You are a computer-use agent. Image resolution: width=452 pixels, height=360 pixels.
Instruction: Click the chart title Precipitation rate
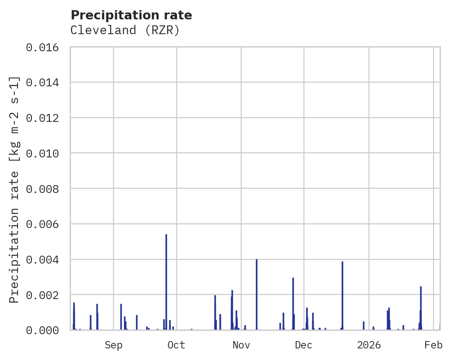131,15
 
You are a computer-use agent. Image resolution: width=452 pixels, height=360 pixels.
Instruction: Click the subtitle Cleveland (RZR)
125,30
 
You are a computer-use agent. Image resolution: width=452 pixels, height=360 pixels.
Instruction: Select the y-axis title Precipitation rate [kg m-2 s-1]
15,189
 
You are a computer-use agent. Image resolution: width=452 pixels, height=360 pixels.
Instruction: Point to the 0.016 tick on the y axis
46,48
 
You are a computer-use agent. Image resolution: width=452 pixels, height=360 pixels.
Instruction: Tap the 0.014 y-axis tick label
46,83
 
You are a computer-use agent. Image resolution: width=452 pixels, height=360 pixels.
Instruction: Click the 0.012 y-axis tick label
46,118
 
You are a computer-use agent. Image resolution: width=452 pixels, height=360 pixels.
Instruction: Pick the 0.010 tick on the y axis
46,153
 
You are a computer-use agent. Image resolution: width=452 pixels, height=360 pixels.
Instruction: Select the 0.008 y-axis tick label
46,189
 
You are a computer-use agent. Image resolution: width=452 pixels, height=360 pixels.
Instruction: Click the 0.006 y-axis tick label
46,224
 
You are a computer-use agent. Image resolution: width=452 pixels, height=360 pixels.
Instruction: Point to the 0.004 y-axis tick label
46,259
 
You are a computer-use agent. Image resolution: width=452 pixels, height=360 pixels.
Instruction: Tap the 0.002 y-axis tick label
46,295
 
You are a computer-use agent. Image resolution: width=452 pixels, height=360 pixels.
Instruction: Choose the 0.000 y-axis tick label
46,330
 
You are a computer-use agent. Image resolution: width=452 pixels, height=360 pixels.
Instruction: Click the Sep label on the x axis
113,345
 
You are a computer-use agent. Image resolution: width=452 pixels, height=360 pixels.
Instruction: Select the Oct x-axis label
176,345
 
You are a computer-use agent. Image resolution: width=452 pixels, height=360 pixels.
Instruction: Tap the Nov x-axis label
241,345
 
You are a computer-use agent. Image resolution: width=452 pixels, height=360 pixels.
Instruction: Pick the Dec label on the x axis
303,345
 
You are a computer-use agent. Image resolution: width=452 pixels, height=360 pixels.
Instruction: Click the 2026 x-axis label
369,345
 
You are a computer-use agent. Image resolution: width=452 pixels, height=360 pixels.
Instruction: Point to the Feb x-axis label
434,345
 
